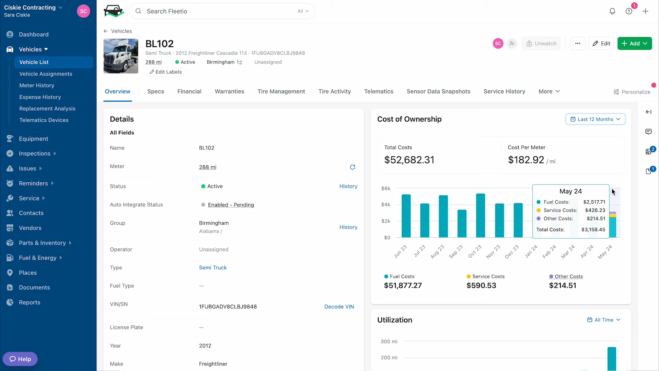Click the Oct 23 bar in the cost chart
tap(481, 215)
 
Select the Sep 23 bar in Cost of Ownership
tap(462, 224)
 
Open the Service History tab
tap(504, 91)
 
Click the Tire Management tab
tap(281, 91)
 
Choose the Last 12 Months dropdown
tap(595, 119)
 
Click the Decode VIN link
tap(339, 307)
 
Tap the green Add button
tap(635, 44)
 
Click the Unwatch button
tap(541, 44)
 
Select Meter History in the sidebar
tap(37, 86)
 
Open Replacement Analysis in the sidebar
tap(47, 109)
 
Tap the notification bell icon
tap(612, 11)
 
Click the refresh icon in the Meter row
tap(352, 167)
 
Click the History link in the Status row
tap(348, 186)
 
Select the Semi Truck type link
tap(213, 268)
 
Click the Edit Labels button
tap(165, 72)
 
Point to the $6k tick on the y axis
tap(386, 188)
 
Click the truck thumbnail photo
tap(121, 56)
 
